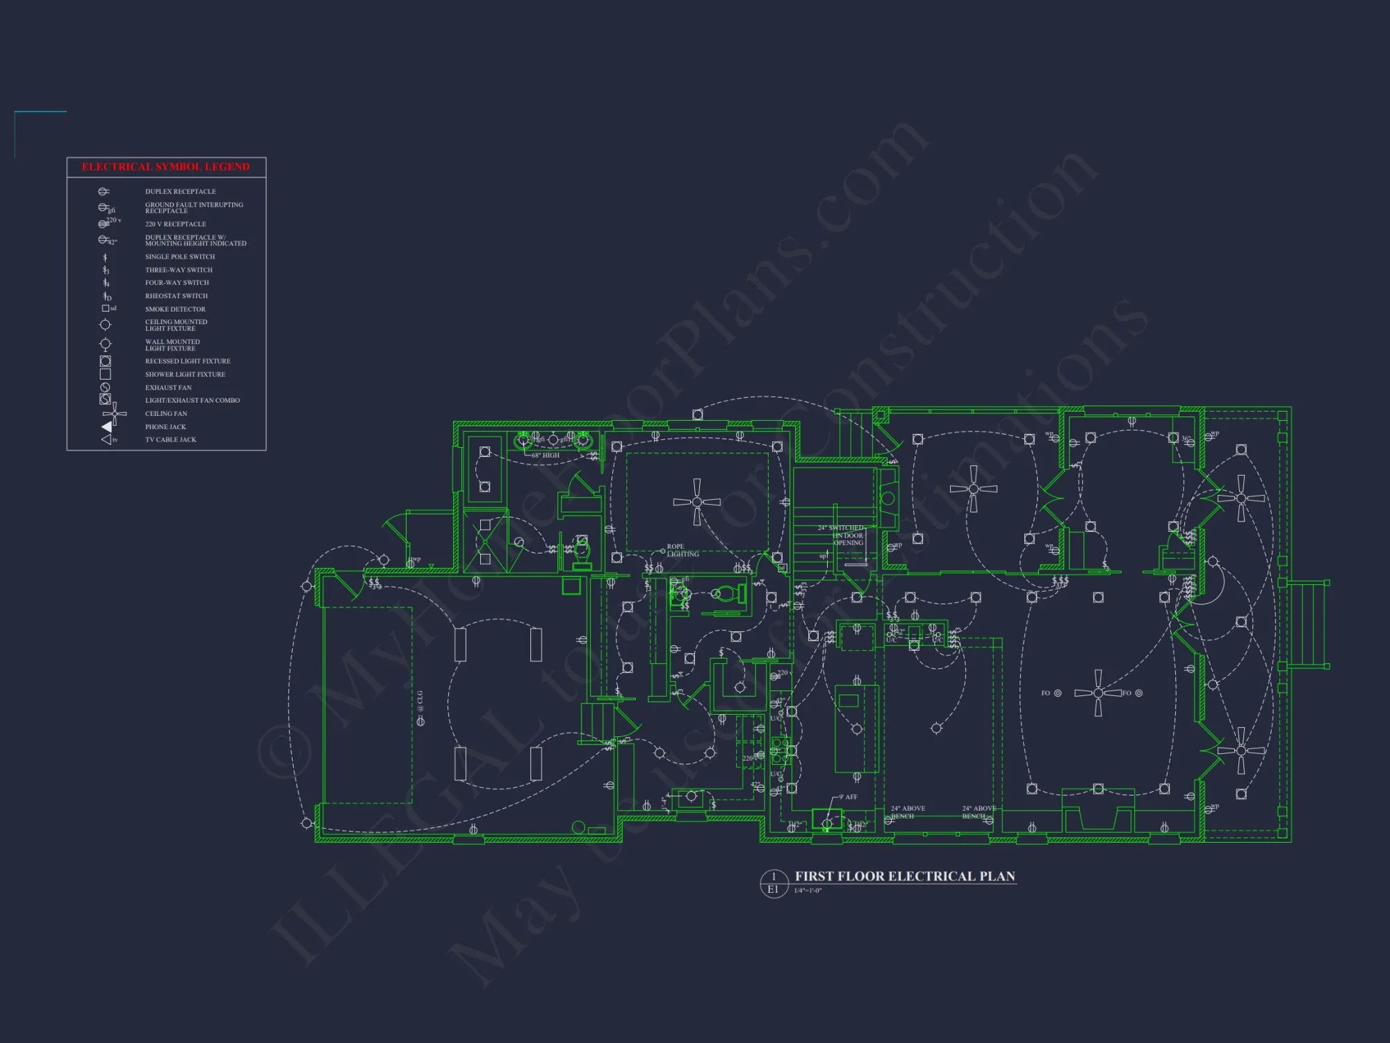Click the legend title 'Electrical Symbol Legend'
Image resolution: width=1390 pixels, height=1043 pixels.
165,167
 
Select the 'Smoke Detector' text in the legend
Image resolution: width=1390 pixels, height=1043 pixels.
175,309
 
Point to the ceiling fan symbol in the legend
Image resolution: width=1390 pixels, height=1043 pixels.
115,414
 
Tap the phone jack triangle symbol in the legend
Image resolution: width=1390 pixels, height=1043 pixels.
107,427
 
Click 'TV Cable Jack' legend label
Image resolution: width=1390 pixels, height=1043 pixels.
170,440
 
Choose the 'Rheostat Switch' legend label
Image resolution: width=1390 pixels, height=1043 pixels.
177,296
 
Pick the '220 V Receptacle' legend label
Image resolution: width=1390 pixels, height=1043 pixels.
175,225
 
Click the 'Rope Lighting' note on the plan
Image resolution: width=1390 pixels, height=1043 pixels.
682,551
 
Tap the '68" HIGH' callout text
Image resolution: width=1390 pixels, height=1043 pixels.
546,455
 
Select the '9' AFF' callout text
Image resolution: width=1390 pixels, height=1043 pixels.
848,798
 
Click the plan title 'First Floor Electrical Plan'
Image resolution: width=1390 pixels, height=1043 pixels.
905,877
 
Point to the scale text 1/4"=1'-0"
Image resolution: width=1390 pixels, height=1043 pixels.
808,891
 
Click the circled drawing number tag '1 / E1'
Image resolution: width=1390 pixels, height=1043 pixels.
773,883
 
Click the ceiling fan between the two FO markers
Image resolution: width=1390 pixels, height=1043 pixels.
1098,693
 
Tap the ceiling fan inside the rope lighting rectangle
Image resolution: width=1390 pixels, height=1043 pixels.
697,501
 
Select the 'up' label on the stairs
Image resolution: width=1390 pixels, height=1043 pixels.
823,556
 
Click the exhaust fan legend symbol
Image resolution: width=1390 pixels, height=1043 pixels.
106,387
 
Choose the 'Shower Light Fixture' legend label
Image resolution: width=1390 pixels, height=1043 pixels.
185,375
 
